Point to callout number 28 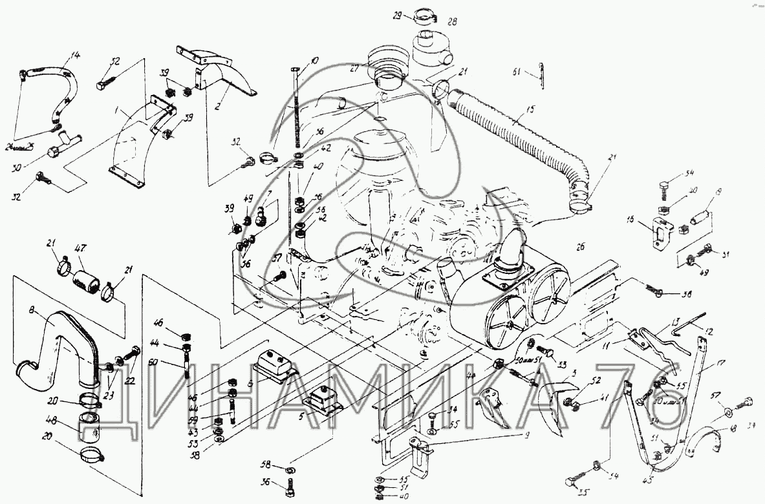pyautogui.click(x=452, y=23)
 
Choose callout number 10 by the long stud pyautogui.click(x=314, y=61)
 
